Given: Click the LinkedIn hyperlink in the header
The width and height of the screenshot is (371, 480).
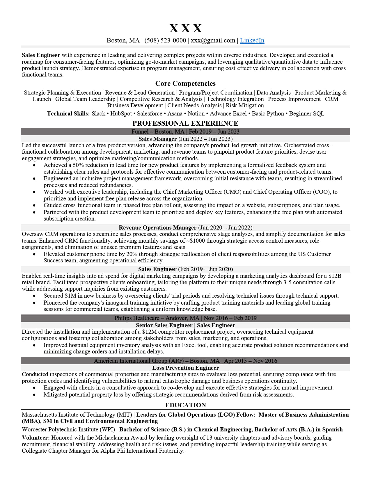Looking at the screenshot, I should point(252,40).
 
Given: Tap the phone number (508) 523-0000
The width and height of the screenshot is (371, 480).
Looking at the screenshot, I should point(165,40).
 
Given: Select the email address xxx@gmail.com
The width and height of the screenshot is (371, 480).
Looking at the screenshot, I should point(213,40).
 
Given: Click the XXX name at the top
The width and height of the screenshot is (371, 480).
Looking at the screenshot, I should point(185,29).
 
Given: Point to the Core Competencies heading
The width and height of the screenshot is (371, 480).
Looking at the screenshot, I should point(185,83).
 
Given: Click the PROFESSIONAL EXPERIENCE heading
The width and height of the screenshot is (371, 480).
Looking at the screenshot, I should point(185,123).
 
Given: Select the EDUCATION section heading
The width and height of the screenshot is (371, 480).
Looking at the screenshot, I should point(185,405).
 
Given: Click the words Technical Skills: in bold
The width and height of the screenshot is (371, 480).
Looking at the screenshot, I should point(68,113).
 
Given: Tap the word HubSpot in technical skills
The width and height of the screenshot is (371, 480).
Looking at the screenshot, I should point(121,113).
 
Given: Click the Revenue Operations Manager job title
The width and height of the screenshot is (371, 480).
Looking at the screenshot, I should point(157,227).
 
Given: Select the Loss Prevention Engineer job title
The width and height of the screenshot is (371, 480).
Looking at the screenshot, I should point(185,368).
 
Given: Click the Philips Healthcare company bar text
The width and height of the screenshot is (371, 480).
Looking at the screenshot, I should point(137,318).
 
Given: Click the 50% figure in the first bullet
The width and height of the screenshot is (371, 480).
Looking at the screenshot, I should point(78,165).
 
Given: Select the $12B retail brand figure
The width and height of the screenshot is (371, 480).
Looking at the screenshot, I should point(335,276).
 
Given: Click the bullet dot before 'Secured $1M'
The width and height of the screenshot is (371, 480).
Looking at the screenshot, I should point(34,296).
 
